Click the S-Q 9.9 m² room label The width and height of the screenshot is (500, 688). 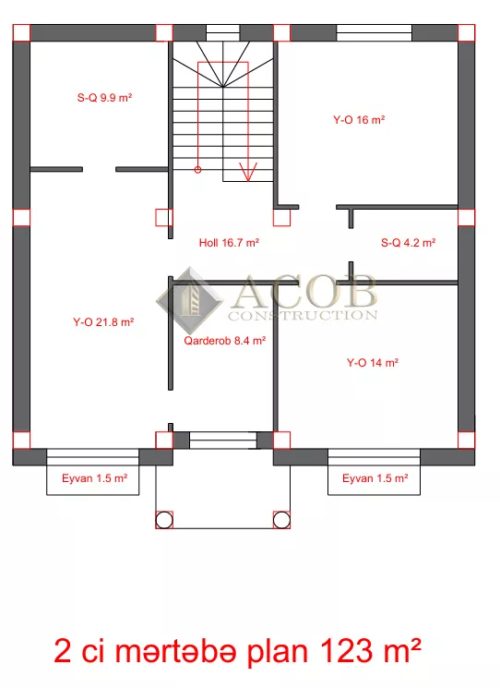(x=105, y=97)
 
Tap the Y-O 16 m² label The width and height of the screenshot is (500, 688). (x=359, y=120)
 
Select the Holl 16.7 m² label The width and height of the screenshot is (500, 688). (x=229, y=243)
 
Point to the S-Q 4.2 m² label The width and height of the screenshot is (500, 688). (x=408, y=243)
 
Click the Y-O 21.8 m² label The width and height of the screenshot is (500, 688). (x=103, y=322)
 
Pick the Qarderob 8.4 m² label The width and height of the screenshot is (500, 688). (x=225, y=341)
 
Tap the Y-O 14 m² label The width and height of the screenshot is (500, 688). (x=373, y=362)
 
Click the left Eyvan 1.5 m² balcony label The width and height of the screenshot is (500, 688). (x=95, y=478)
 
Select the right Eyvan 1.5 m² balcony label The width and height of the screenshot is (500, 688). (x=375, y=478)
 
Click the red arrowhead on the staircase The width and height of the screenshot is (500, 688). (x=248, y=172)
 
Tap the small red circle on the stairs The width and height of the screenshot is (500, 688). (x=197, y=169)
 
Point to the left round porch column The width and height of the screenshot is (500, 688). (x=164, y=520)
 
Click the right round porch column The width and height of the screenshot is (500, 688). (x=281, y=520)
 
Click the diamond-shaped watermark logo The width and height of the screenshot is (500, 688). (x=190, y=300)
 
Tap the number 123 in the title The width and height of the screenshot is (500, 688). (x=347, y=651)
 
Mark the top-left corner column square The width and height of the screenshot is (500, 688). (x=21, y=33)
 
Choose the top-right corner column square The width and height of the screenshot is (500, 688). (x=466, y=33)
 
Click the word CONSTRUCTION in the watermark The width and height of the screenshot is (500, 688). (x=303, y=316)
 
